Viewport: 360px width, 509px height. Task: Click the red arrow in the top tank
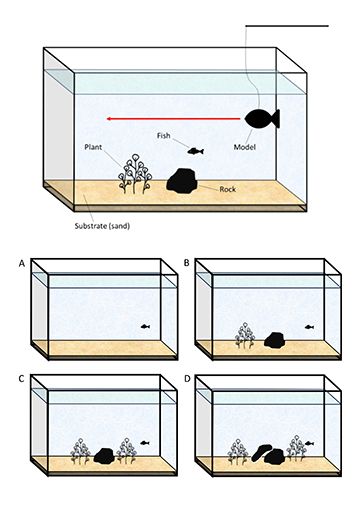(x=173, y=119)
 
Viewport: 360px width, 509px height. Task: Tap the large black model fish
(x=262, y=119)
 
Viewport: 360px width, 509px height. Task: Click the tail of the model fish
(x=276, y=119)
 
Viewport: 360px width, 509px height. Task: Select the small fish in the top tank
(x=195, y=151)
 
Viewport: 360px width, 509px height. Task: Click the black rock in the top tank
(x=182, y=181)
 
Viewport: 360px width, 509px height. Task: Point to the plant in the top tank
(x=135, y=174)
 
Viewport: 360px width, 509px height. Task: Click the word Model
(x=245, y=147)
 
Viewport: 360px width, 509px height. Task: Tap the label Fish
(x=164, y=135)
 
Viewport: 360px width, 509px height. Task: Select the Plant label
(x=93, y=147)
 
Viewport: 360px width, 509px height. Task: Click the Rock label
(x=228, y=189)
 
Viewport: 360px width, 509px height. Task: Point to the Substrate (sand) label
(x=102, y=226)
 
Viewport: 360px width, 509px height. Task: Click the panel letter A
(x=22, y=263)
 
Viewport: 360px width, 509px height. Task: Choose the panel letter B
(x=187, y=263)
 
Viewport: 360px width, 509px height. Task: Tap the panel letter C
(x=22, y=379)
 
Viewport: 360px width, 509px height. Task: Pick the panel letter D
(x=187, y=379)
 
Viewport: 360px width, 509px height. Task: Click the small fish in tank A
(x=145, y=327)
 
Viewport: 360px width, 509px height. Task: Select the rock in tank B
(x=275, y=340)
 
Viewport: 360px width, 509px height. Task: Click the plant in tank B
(x=245, y=336)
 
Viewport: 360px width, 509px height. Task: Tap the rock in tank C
(x=104, y=456)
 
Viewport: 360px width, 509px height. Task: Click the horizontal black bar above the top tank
(x=287, y=26)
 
